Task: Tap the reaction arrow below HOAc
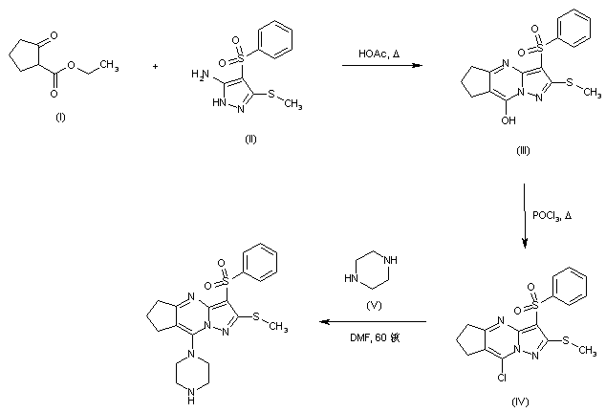(x=381, y=66)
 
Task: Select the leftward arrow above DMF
(x=372, y=323)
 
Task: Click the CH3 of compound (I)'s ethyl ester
(x=110, y=66)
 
